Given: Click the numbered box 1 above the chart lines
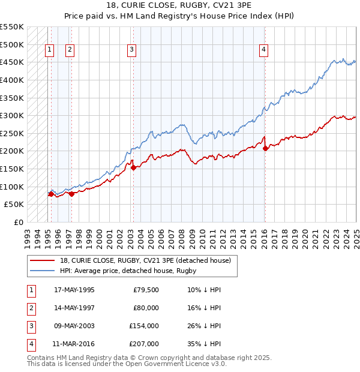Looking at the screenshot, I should pos(49,50).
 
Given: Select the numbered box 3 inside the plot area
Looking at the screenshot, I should pos(131,50).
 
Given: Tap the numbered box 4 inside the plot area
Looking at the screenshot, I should pos(264,50).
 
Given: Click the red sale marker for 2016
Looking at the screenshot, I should pos(265,148).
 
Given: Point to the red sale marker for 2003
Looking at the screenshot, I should pos(133,167).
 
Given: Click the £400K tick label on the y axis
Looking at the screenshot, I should pos(13,80).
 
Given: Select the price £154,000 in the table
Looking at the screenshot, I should pos(144,326).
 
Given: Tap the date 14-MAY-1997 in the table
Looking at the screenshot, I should pos(74,308).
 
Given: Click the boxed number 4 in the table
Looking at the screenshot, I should pos(30,344).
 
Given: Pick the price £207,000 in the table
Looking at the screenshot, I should pos(144,344).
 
